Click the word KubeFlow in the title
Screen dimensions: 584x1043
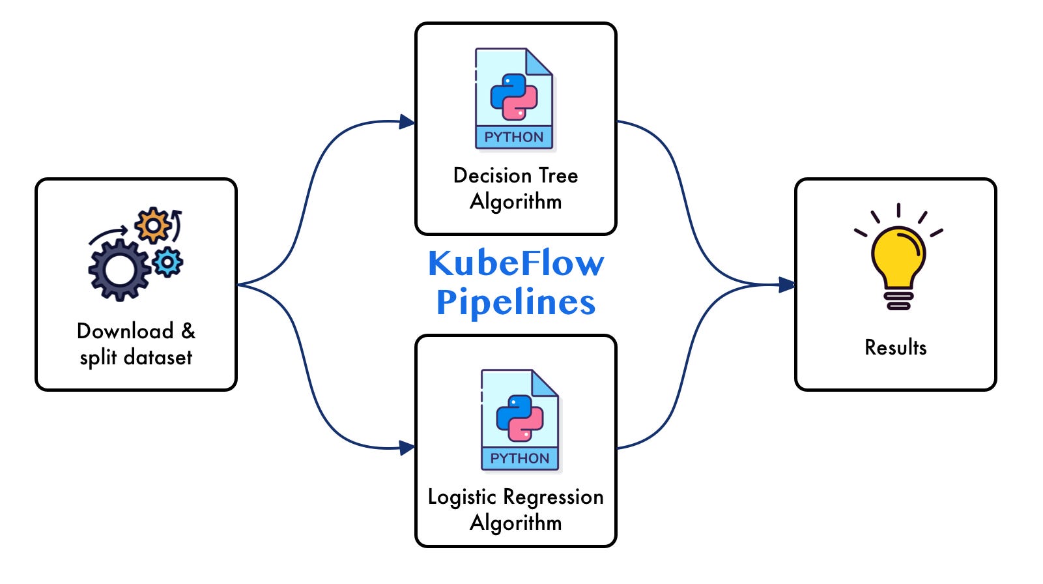pyautogui.click(x=515, y=264)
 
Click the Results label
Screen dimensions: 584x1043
pyautogui.click(x=895, y=347)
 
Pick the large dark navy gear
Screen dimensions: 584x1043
pyautogui.click(x=119, y=269)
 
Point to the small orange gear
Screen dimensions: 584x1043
pyautogui.click(x=153, y=226)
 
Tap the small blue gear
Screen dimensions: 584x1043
pyautogui.click(x=168, y=262)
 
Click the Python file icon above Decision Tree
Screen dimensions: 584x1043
pyautogui.click(x=514, y=98)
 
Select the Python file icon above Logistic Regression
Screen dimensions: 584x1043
pyautogui.click(x=520, y=419)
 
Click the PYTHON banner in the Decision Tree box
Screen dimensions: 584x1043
pyautogui.click(x=514, y=138)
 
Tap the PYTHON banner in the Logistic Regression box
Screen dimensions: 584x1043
pyautogui.click(x=520, y=459)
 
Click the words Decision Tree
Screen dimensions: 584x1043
pyautogui.click(x=515, y=175)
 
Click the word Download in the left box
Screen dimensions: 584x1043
pyautogui.click(x=125, y=331)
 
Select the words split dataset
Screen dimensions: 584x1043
pyautogui.click(x=136, y=357)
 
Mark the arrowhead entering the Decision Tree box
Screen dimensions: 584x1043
pyautogui.click(x=407, y=122)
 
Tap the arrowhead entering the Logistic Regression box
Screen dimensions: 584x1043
pyautogui.click(x=407, y=448)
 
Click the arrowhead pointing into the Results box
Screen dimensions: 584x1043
pyautogui.click(x=787, y=285)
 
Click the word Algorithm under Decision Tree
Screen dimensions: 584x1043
pyautogui.click(x=515, y=201)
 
